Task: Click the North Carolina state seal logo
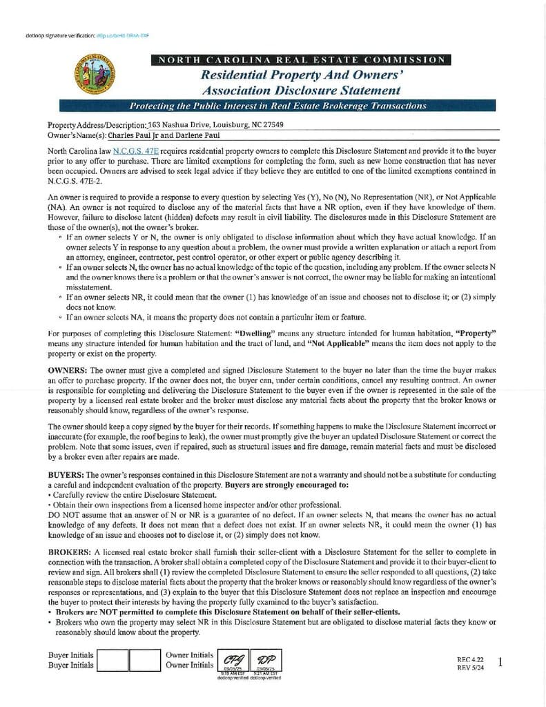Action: pos(95,75)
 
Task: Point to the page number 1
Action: pos(500,662)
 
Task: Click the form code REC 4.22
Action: pos(470,659)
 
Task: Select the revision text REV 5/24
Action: pos(470,668)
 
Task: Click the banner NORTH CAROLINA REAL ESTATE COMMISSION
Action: pos(301,60)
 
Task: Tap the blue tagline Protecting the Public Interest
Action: pos(278,106)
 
